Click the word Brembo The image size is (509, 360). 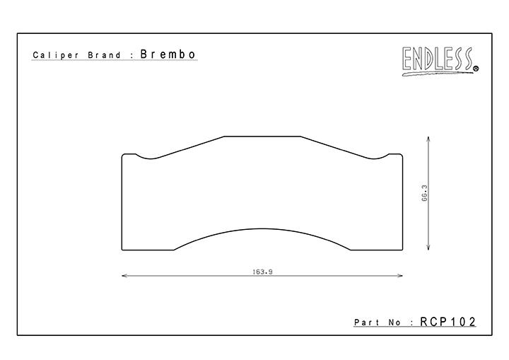[168, 54]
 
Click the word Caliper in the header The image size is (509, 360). [55, 55]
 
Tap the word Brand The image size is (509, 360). [104, 55]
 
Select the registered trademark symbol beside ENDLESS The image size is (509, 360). [476, 69]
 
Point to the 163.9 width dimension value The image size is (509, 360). [262, 272]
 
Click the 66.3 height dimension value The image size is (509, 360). [424, 193]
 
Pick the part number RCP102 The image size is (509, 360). [447, 322]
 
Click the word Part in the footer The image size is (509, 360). [367, 323]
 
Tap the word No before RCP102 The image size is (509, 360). [394, 323]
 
